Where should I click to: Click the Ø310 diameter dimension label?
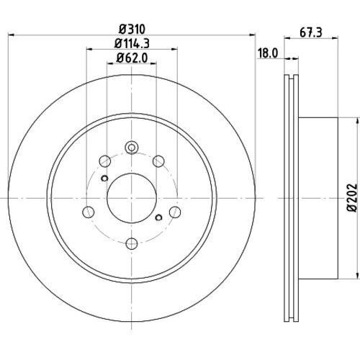point(132,30)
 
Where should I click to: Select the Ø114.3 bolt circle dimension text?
point(132,44)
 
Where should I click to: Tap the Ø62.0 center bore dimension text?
point(132,58)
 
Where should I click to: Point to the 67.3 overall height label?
point(311,32)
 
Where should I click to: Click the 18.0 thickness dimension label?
point(268,53)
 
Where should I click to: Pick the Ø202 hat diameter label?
point(352,197)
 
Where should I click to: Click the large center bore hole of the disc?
point(132,198)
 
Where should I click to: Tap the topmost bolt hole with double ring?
point(132,148)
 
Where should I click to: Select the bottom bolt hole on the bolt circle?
point(132,243)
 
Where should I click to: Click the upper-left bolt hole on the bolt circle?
point(104,161)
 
